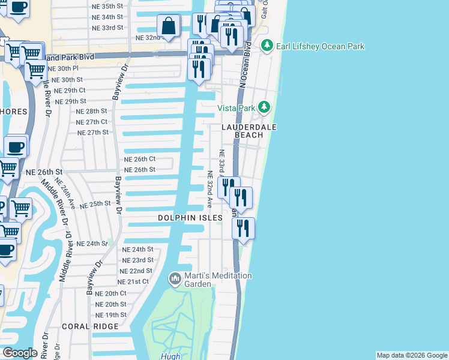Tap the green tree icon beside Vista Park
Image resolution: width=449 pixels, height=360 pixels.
coord(264,107)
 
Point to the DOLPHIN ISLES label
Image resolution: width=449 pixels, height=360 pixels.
coord(190,217)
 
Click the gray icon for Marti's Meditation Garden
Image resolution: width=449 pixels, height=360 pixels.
coord(175,278)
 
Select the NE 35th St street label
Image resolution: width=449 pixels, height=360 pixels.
coord(107,6)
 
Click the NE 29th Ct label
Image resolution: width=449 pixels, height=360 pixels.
coord(70,90)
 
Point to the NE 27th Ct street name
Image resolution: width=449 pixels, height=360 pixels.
coord(92,122)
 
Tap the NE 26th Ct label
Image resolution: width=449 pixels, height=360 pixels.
coord(140,159)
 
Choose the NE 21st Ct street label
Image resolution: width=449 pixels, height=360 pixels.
coord(133,281)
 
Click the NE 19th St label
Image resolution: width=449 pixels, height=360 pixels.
coord(111,315)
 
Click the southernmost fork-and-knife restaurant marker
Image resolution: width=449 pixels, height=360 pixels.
coord(243,228)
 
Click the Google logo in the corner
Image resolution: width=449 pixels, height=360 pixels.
coord(20,353)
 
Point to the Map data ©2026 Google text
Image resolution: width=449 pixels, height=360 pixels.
coord(412,355)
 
